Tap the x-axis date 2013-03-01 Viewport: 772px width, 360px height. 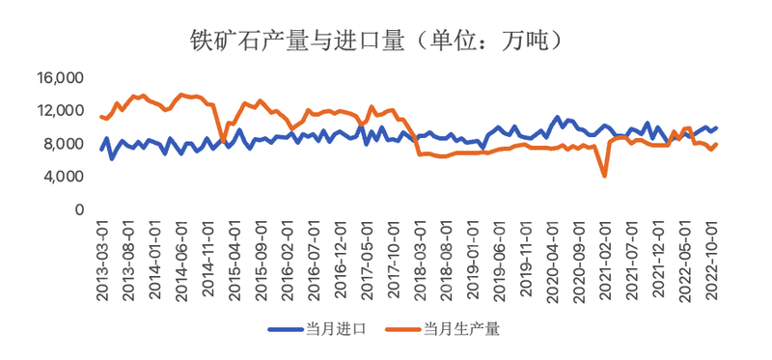point(102,259)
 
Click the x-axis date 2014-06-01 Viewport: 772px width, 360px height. point(180,259)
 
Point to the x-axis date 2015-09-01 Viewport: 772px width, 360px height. point(260,259)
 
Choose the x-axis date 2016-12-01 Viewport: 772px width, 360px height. point(339,259)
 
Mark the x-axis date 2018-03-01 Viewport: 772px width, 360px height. point(418,259)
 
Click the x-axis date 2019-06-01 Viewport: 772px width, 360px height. point(497,259)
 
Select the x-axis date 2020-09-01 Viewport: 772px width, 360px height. point(576,259)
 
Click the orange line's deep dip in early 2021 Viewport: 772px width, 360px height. point(605,176)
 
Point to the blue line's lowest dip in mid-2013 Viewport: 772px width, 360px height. point(112,158)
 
